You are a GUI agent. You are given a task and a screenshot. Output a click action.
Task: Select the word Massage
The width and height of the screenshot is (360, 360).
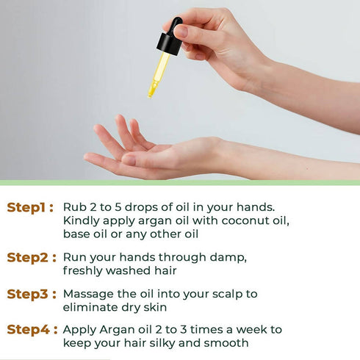(x=90, y=294)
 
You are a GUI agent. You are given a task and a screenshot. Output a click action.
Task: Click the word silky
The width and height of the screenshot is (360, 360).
(x=181, y=343)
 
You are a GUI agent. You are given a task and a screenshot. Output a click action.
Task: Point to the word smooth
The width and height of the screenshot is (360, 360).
(x=228, y=343)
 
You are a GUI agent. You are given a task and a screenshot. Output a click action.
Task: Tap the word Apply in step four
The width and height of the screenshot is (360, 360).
(x=80, y=330)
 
